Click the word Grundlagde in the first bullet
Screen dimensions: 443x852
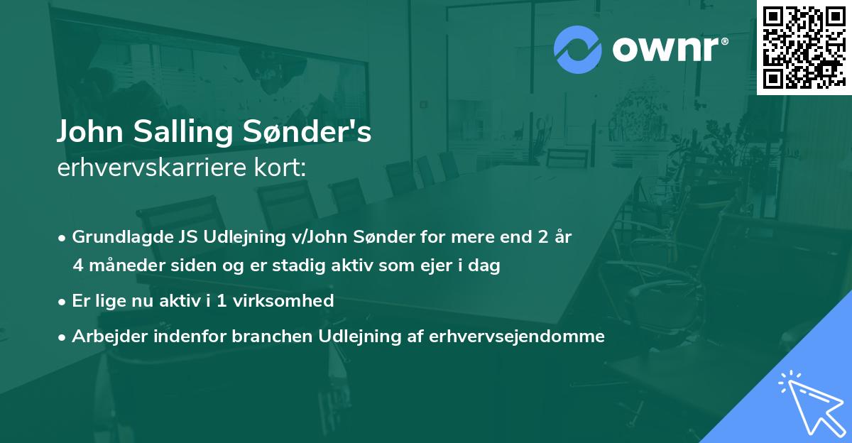pos(119,237)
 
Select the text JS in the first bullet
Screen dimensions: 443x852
pos(181,237)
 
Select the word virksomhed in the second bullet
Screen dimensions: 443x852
pos(288,301)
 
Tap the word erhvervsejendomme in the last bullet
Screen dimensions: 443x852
pos(517,337)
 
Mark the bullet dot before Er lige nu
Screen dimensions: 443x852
pos(62,302)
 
